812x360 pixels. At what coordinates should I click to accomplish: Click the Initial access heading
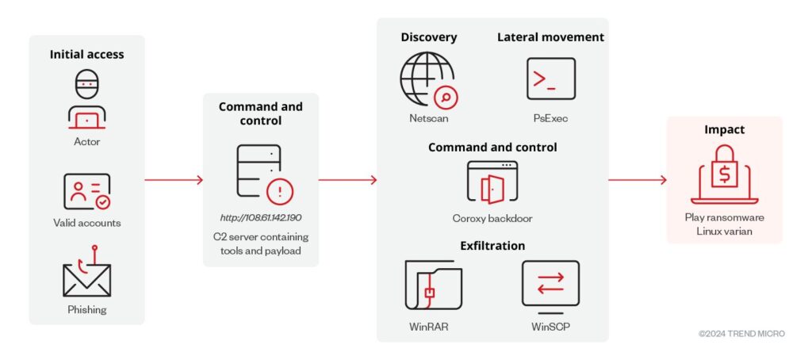87,55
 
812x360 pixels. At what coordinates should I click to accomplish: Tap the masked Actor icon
87,99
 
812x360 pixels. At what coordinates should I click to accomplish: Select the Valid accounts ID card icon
87,191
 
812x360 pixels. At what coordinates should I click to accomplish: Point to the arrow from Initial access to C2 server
174,180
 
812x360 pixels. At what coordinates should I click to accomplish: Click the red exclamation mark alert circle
280,193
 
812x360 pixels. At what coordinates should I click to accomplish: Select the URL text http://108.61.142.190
260,217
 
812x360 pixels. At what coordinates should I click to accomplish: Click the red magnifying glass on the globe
446,97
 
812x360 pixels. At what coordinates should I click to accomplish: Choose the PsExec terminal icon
551,79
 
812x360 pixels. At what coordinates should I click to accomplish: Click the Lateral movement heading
550,37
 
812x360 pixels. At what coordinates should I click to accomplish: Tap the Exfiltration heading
492,246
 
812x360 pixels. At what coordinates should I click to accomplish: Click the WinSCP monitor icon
550,288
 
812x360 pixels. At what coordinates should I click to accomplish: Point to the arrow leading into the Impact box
638,180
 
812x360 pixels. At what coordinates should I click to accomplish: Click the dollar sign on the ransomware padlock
725,175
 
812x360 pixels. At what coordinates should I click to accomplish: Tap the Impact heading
725,129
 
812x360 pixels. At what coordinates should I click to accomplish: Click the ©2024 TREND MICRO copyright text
741,334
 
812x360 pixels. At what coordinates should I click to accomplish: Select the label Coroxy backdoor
492,218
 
